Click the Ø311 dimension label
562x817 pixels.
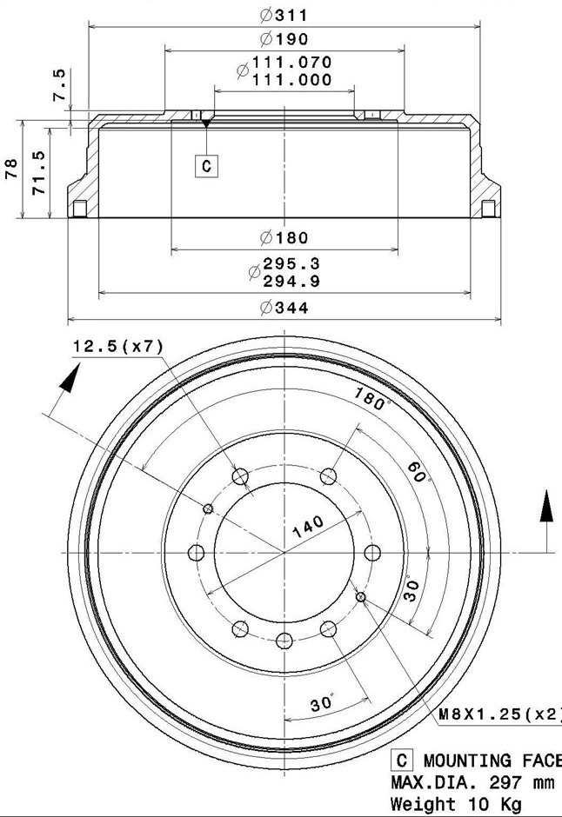coord(284,15)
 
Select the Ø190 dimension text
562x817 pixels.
coord(284,39)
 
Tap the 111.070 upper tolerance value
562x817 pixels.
coord(291,63)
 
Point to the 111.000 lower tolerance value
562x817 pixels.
coord(291,80)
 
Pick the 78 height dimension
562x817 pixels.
coord(11,169)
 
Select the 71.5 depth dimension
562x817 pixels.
coord(38,171)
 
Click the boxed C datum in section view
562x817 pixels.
coord(206,166)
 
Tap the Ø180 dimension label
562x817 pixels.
coord(284,237)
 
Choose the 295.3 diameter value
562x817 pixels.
coord(291,264)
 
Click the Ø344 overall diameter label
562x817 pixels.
coord(284,308)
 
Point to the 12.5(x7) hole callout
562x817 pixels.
coord(117,347)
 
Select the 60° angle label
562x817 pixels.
coord(418,474)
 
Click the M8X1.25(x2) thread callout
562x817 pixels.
coord(498,714)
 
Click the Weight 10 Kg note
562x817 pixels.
coord(455,805)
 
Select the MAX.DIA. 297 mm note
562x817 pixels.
coord(472,783)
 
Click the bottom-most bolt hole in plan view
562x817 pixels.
coord(284,641)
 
